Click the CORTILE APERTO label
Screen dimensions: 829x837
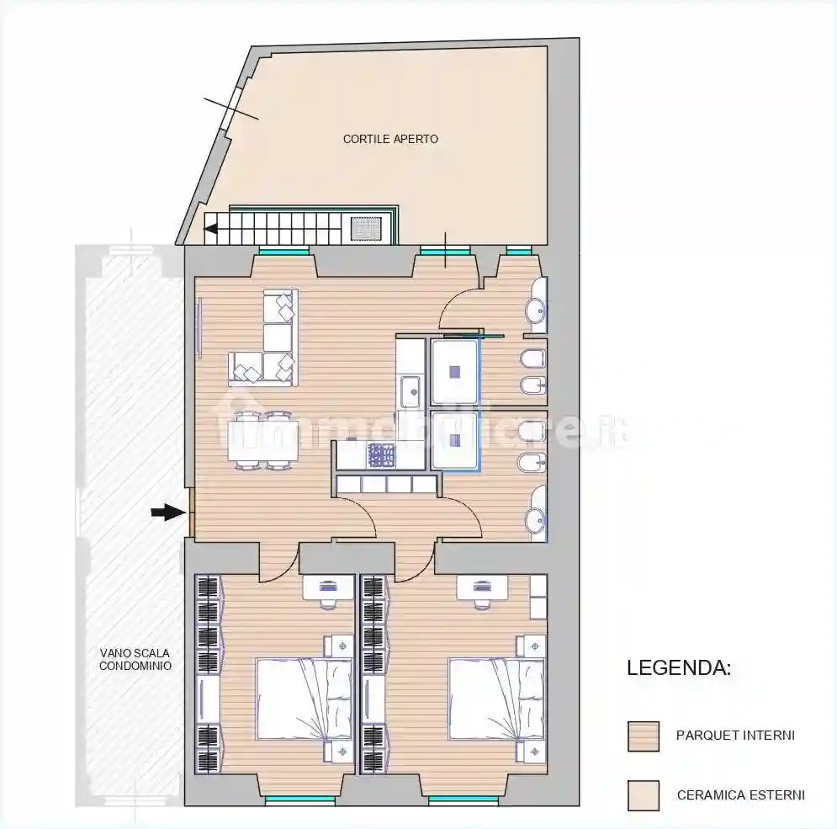point(390,139)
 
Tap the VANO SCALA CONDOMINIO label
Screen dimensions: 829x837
point(135,659)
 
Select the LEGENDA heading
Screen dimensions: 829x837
point(679,669)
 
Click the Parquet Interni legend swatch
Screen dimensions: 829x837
point(644,736)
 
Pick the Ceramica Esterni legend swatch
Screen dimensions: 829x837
point(644,795)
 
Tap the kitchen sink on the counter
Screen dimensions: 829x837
point(411,391)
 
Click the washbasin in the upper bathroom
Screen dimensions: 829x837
point(535,311)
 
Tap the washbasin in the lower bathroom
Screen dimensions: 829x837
point(535,520)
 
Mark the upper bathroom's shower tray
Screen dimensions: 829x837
point(454,370)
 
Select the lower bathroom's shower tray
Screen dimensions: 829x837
point(454,439)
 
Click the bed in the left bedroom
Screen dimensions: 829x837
point(304,698)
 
